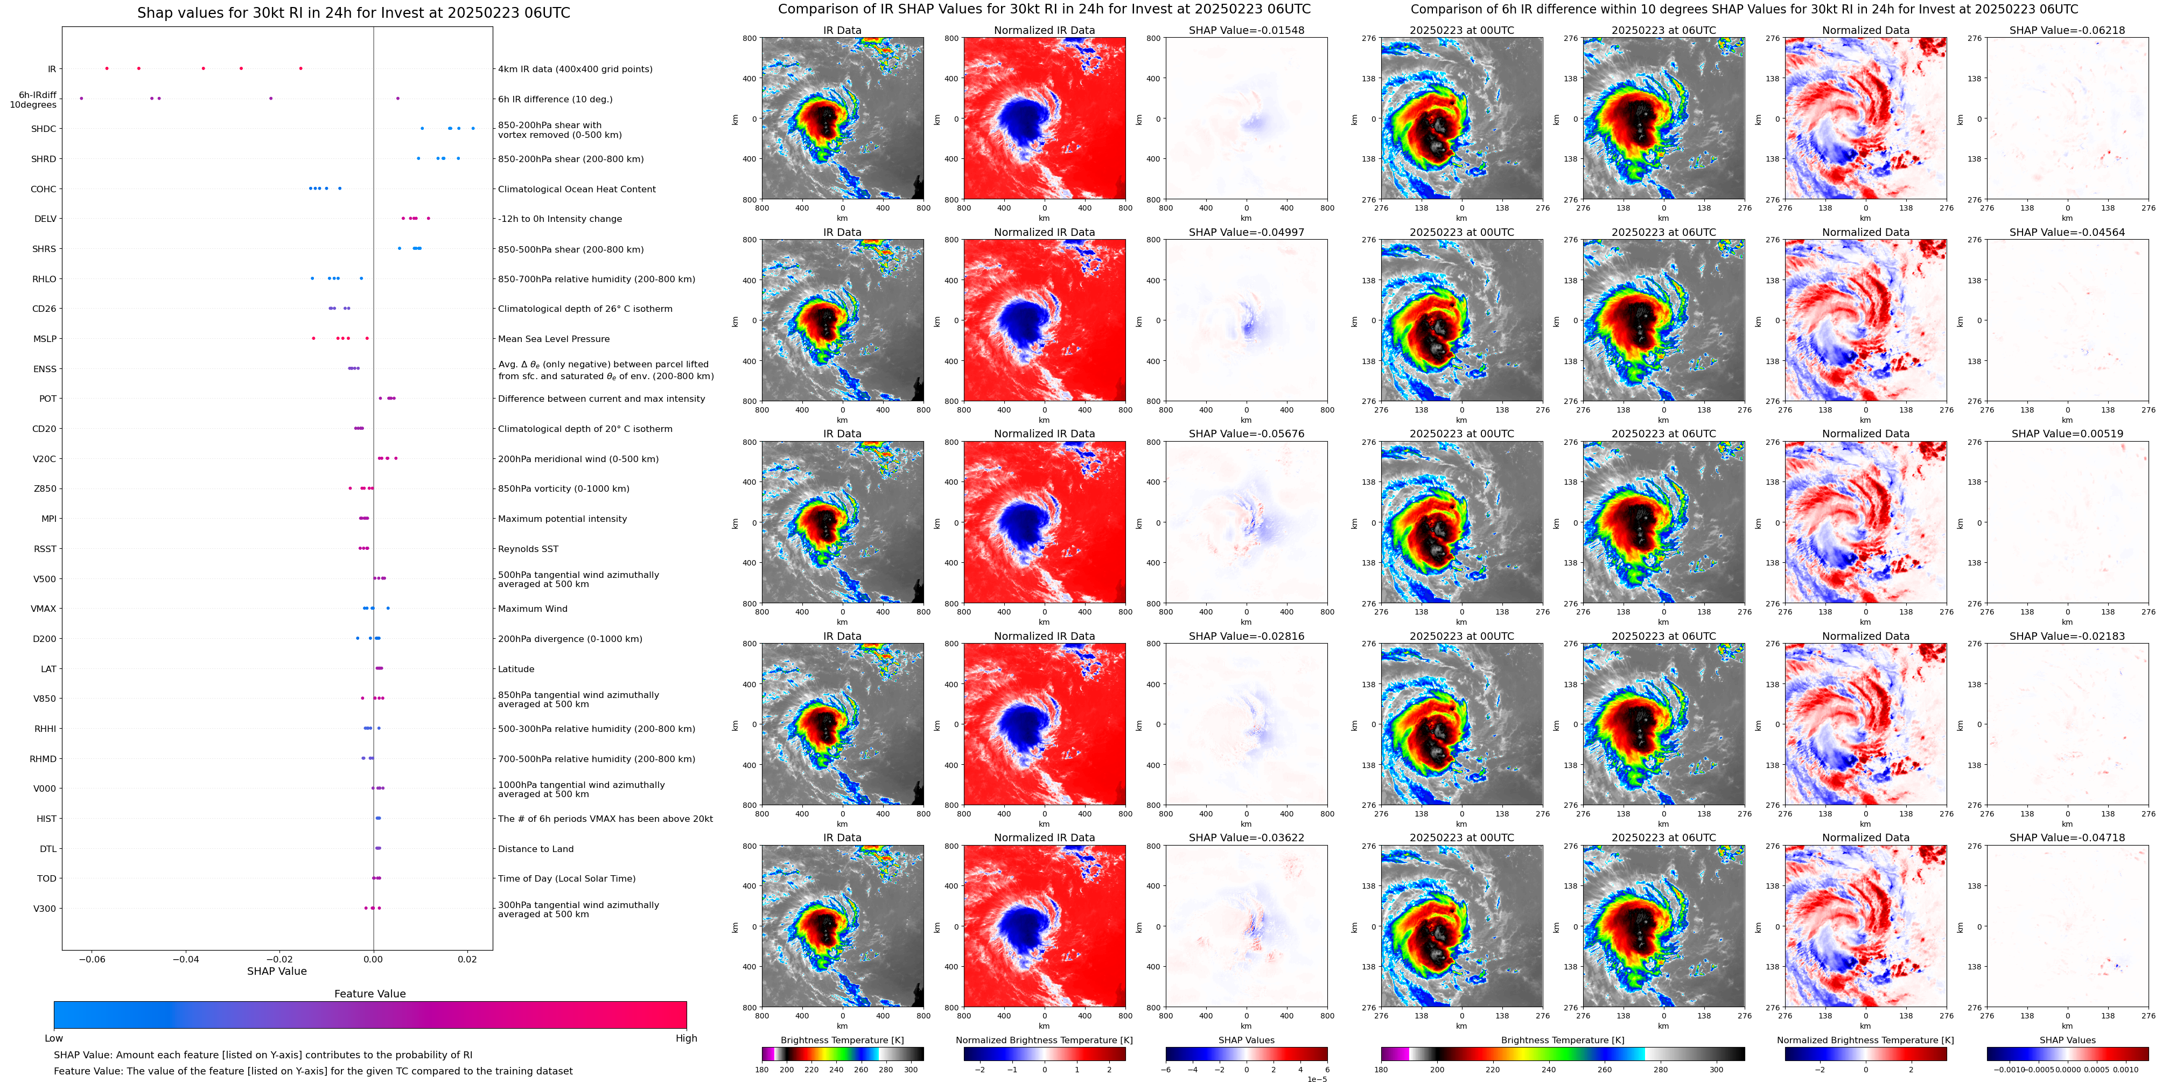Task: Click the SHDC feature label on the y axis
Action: (44, 129)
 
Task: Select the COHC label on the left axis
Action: (44, 190)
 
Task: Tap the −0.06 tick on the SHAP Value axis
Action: (92, 959)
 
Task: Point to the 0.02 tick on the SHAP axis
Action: (467, 959)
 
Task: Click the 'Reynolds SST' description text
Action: (528, 549)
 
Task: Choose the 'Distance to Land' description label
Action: (535, 849)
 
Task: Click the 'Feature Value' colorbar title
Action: (370, 994)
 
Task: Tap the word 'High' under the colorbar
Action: (687, 1038)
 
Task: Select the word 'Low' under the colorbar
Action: (54, 1038)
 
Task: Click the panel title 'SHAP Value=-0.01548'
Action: (1247, 30)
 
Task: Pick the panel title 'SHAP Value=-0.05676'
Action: (1247, 434)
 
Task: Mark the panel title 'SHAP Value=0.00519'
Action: (2067, 434)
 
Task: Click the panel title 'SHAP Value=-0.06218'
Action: (2067, 30)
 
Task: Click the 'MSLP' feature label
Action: (45, 339)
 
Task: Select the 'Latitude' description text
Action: (516, 669)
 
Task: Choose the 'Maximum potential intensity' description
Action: (562, 519)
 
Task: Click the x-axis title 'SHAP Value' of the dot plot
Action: (277, 971)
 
